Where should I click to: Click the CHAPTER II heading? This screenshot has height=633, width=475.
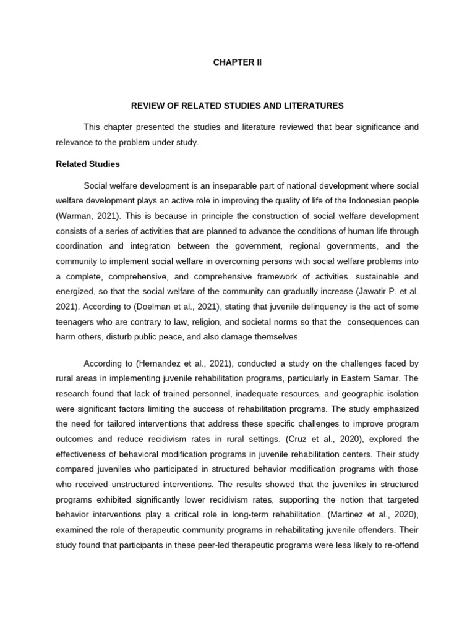[x=237, y=62]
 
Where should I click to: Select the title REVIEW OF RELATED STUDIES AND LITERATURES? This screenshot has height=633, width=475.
[x=237, y=106]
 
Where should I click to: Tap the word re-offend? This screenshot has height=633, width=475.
[x=400, y=529]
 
